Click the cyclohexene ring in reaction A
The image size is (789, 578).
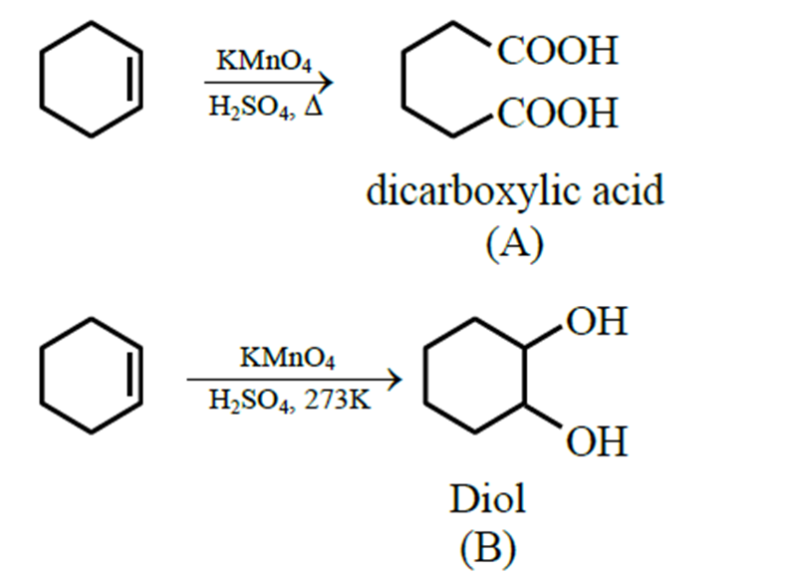coord(96,81)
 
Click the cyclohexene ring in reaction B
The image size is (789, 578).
coord(96,375)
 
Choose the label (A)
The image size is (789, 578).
coord(514,242)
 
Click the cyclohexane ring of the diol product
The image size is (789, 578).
coord(473,381)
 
